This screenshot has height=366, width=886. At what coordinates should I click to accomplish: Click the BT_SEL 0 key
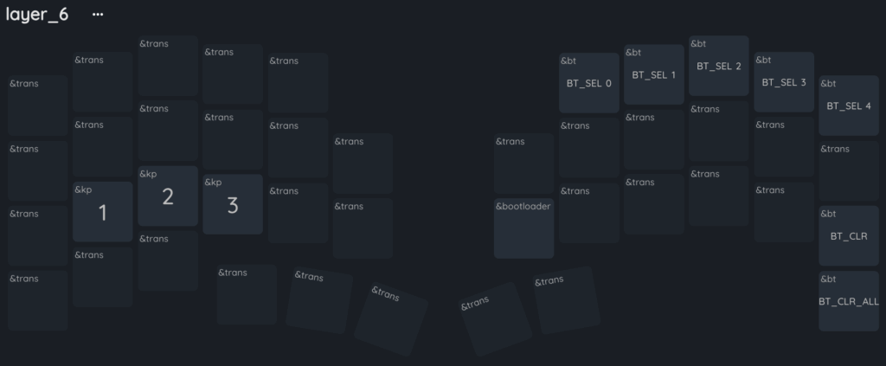(x=588, y=83)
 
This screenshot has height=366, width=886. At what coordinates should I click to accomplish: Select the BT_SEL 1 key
(x=654, y=74)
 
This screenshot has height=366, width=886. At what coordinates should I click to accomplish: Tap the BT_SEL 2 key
(x=719, y=66)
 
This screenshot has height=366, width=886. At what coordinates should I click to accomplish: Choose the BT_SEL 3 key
(x=784, y=82)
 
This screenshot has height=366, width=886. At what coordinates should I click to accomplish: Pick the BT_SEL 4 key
(x=849, y=106)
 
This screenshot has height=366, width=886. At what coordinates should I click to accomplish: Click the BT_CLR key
(x=849, y=235)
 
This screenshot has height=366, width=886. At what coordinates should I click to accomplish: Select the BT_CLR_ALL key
(x=849, y=301)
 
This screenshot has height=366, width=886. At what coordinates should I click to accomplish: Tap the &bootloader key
(x=523, y=228)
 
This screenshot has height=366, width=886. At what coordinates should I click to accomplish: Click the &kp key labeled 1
(x=102, y=212)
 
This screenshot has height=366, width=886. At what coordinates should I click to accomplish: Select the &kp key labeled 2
(x=168, y=196)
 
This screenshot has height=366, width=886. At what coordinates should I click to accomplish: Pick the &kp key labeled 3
(x=233, y=204)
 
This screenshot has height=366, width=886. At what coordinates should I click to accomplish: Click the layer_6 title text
(x=37, y=14)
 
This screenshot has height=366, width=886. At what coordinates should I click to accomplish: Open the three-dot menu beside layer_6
(x=98, y=14)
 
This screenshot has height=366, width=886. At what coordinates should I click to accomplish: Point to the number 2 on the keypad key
(x=168, y=197)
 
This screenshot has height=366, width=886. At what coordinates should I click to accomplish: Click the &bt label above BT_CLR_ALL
(x=828, y=279)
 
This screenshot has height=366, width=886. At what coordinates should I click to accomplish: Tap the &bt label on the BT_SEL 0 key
(x=568, y=61)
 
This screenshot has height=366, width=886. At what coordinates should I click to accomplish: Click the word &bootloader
(x=523, y=206)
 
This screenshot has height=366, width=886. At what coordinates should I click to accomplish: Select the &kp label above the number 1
(x=83, y=189)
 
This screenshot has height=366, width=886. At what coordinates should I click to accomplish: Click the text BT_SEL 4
(x=849, y=106)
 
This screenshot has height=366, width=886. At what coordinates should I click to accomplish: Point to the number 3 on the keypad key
(x=233, y=206)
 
